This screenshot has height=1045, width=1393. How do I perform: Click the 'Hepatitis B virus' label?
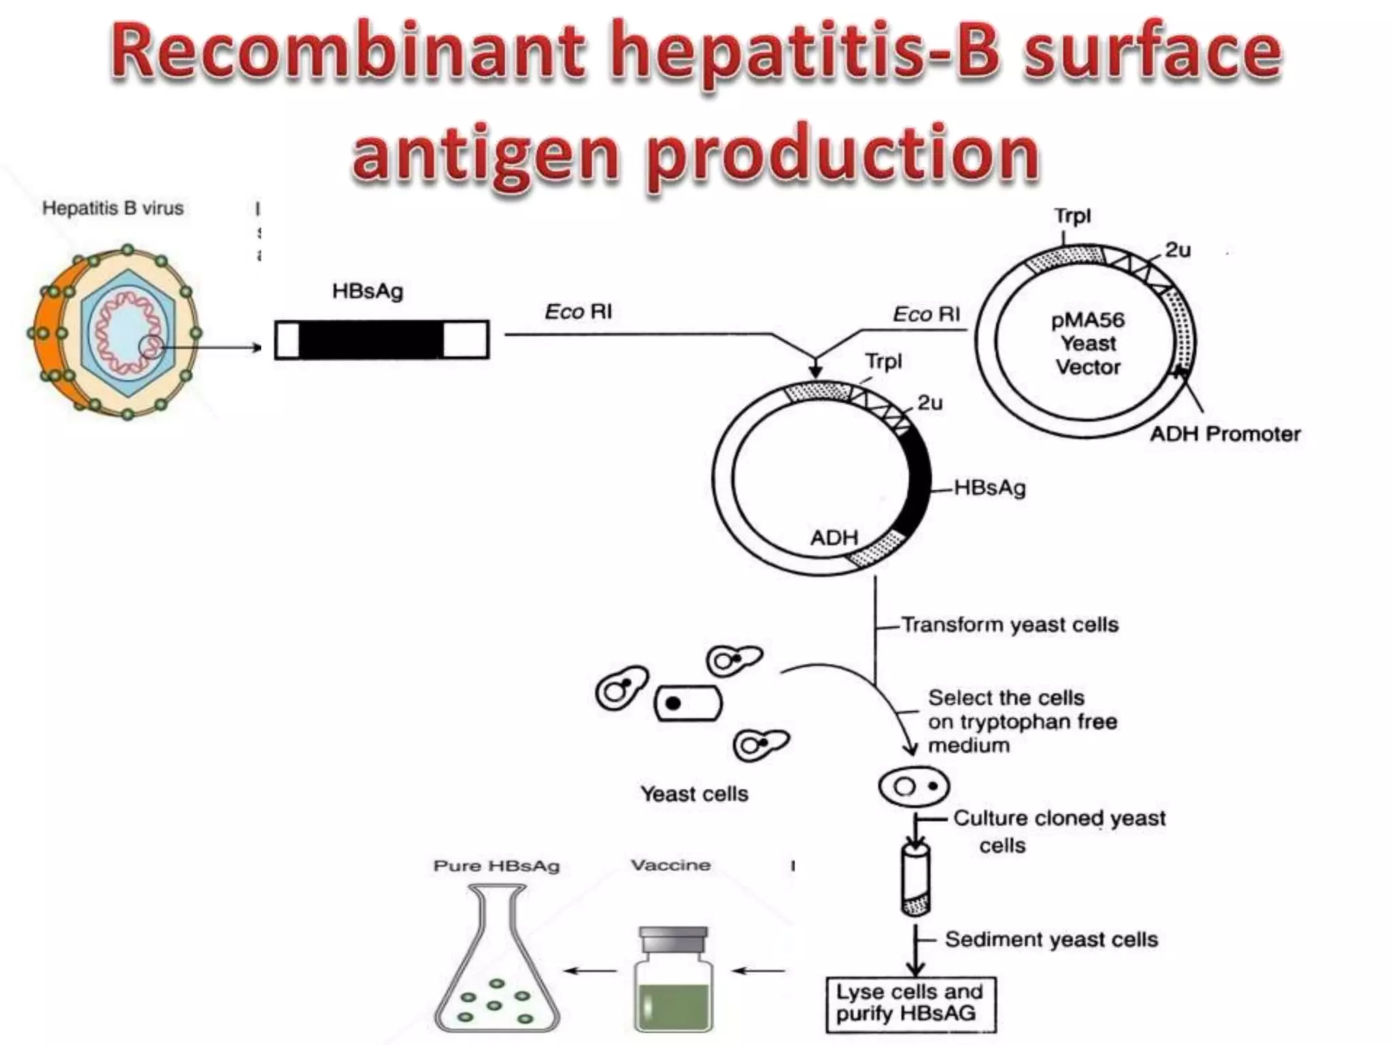coord(113,208)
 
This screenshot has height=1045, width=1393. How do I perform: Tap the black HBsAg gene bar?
coord(371,339)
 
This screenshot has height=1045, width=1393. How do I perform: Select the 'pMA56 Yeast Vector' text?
coord(1088,344)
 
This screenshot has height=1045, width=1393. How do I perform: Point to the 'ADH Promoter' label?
coord(1225,434)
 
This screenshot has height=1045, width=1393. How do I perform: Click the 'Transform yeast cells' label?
coord(1009,625)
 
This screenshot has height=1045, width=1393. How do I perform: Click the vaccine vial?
coord(673,979)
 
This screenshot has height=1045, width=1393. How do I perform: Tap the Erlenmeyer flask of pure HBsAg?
coord(497,966)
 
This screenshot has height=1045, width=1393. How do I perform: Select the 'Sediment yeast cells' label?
coord(1051,940)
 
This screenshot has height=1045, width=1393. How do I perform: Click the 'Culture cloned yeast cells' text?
coord(1058,831)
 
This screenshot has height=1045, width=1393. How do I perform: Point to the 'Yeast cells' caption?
coord(694,794)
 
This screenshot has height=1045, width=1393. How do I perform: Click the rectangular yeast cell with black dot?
coord(688,703)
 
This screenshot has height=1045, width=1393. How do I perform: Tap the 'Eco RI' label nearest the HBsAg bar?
coord(578,312)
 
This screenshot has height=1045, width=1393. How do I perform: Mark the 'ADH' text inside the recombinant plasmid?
coord(834,537)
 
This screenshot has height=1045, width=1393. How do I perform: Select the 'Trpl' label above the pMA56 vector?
coord(1072,216)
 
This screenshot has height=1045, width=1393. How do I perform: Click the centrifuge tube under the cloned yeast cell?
coord(916,878)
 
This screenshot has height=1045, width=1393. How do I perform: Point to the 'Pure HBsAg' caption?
coord(497,866)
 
